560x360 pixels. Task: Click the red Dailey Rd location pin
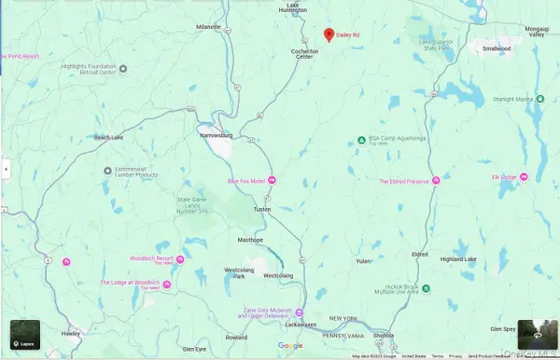329,35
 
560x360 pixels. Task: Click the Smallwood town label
497,48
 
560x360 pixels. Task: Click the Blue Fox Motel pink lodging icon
273,180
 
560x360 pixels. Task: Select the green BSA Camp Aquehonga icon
362,141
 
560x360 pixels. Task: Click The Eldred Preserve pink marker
435,181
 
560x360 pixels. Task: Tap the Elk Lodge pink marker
523,176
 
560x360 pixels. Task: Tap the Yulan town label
365,261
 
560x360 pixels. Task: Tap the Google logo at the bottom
290,346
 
